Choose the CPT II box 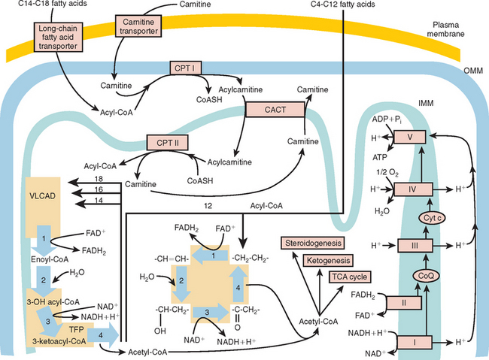click(x=166, y=140)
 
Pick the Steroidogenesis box click(x=311, y=243)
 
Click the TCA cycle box click(x=348, y=277)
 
